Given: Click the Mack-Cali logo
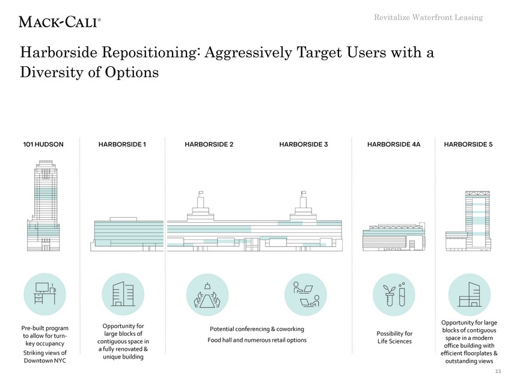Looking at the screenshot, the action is [60, 22].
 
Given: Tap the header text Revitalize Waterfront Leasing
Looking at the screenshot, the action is [428, 17].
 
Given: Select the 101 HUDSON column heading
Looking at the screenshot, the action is [43, 144].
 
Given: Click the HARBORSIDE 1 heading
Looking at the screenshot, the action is [122, 144].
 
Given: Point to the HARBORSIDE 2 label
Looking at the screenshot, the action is [209, 144].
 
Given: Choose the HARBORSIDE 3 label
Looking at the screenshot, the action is [304, 144].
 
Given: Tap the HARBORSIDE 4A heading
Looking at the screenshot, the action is [394, 144].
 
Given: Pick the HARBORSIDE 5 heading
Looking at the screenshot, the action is [468, 144].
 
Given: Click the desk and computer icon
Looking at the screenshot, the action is [45, 294].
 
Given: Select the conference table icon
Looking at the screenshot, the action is [207, 294].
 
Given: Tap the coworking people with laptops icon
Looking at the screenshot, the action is [305, 294].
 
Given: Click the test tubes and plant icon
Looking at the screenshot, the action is [394, 294].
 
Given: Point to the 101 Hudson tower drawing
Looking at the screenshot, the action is [43, 206].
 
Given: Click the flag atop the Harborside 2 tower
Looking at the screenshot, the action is [201, 193].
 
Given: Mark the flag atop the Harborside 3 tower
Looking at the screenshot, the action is [304, 193].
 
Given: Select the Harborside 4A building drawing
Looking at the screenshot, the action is [394, 237].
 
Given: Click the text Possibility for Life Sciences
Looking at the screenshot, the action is [394, 337].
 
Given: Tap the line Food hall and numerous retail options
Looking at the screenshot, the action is [257, 340].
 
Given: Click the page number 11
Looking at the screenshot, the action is [498, 371].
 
